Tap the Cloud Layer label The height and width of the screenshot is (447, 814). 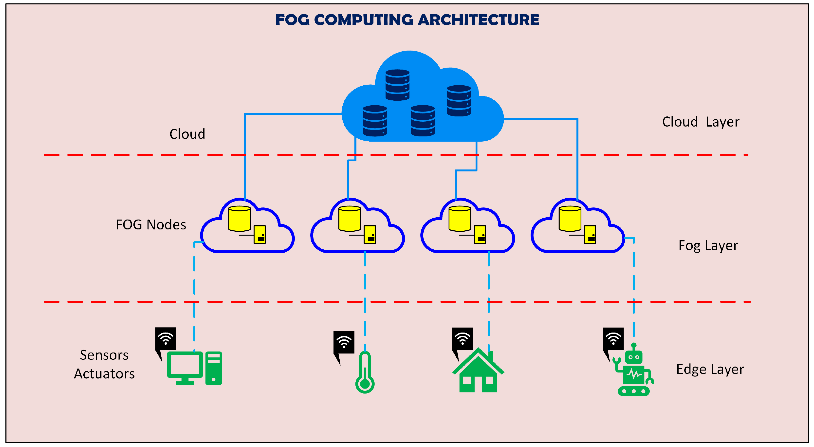(x=701, y=122)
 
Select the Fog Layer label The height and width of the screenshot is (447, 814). (x=708, y=246)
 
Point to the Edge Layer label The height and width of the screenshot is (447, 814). (x=710, y=370)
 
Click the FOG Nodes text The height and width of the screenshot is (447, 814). (x=151, y=225)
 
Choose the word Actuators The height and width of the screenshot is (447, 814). (x=104, y=374)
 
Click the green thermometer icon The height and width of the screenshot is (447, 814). (x=365, y=372)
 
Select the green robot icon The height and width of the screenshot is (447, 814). (x=633, y=370)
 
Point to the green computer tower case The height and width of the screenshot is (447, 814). (x=214, y=368)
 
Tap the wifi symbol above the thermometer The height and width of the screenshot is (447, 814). (x=344, y=342)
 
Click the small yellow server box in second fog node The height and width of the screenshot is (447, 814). (x=370, y=234)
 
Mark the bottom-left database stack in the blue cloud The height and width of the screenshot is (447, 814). (x=375, y=121)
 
